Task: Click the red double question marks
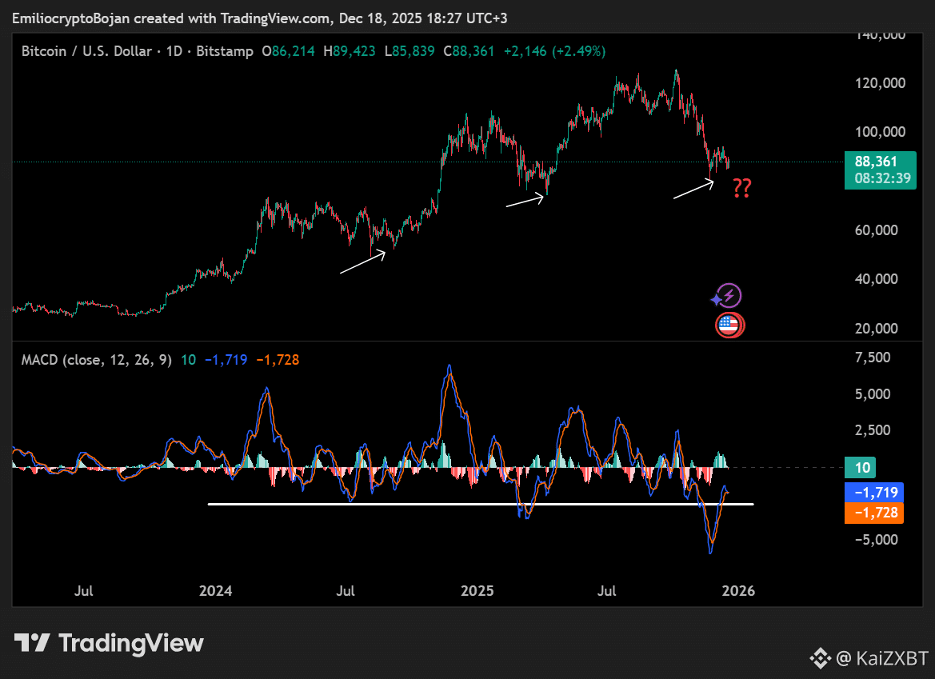[x=742, y=189]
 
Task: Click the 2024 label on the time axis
[x=215, y=592]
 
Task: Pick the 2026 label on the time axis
[x=737, y=592]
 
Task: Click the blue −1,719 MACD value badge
[x=873, y=493]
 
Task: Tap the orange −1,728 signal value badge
[x=873, y=513]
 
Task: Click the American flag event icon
[x=728, y=325]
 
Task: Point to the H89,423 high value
[x=350, y=51]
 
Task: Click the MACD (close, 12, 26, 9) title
[x=96, y=360]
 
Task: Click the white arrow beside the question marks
[x=693, y=190]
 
